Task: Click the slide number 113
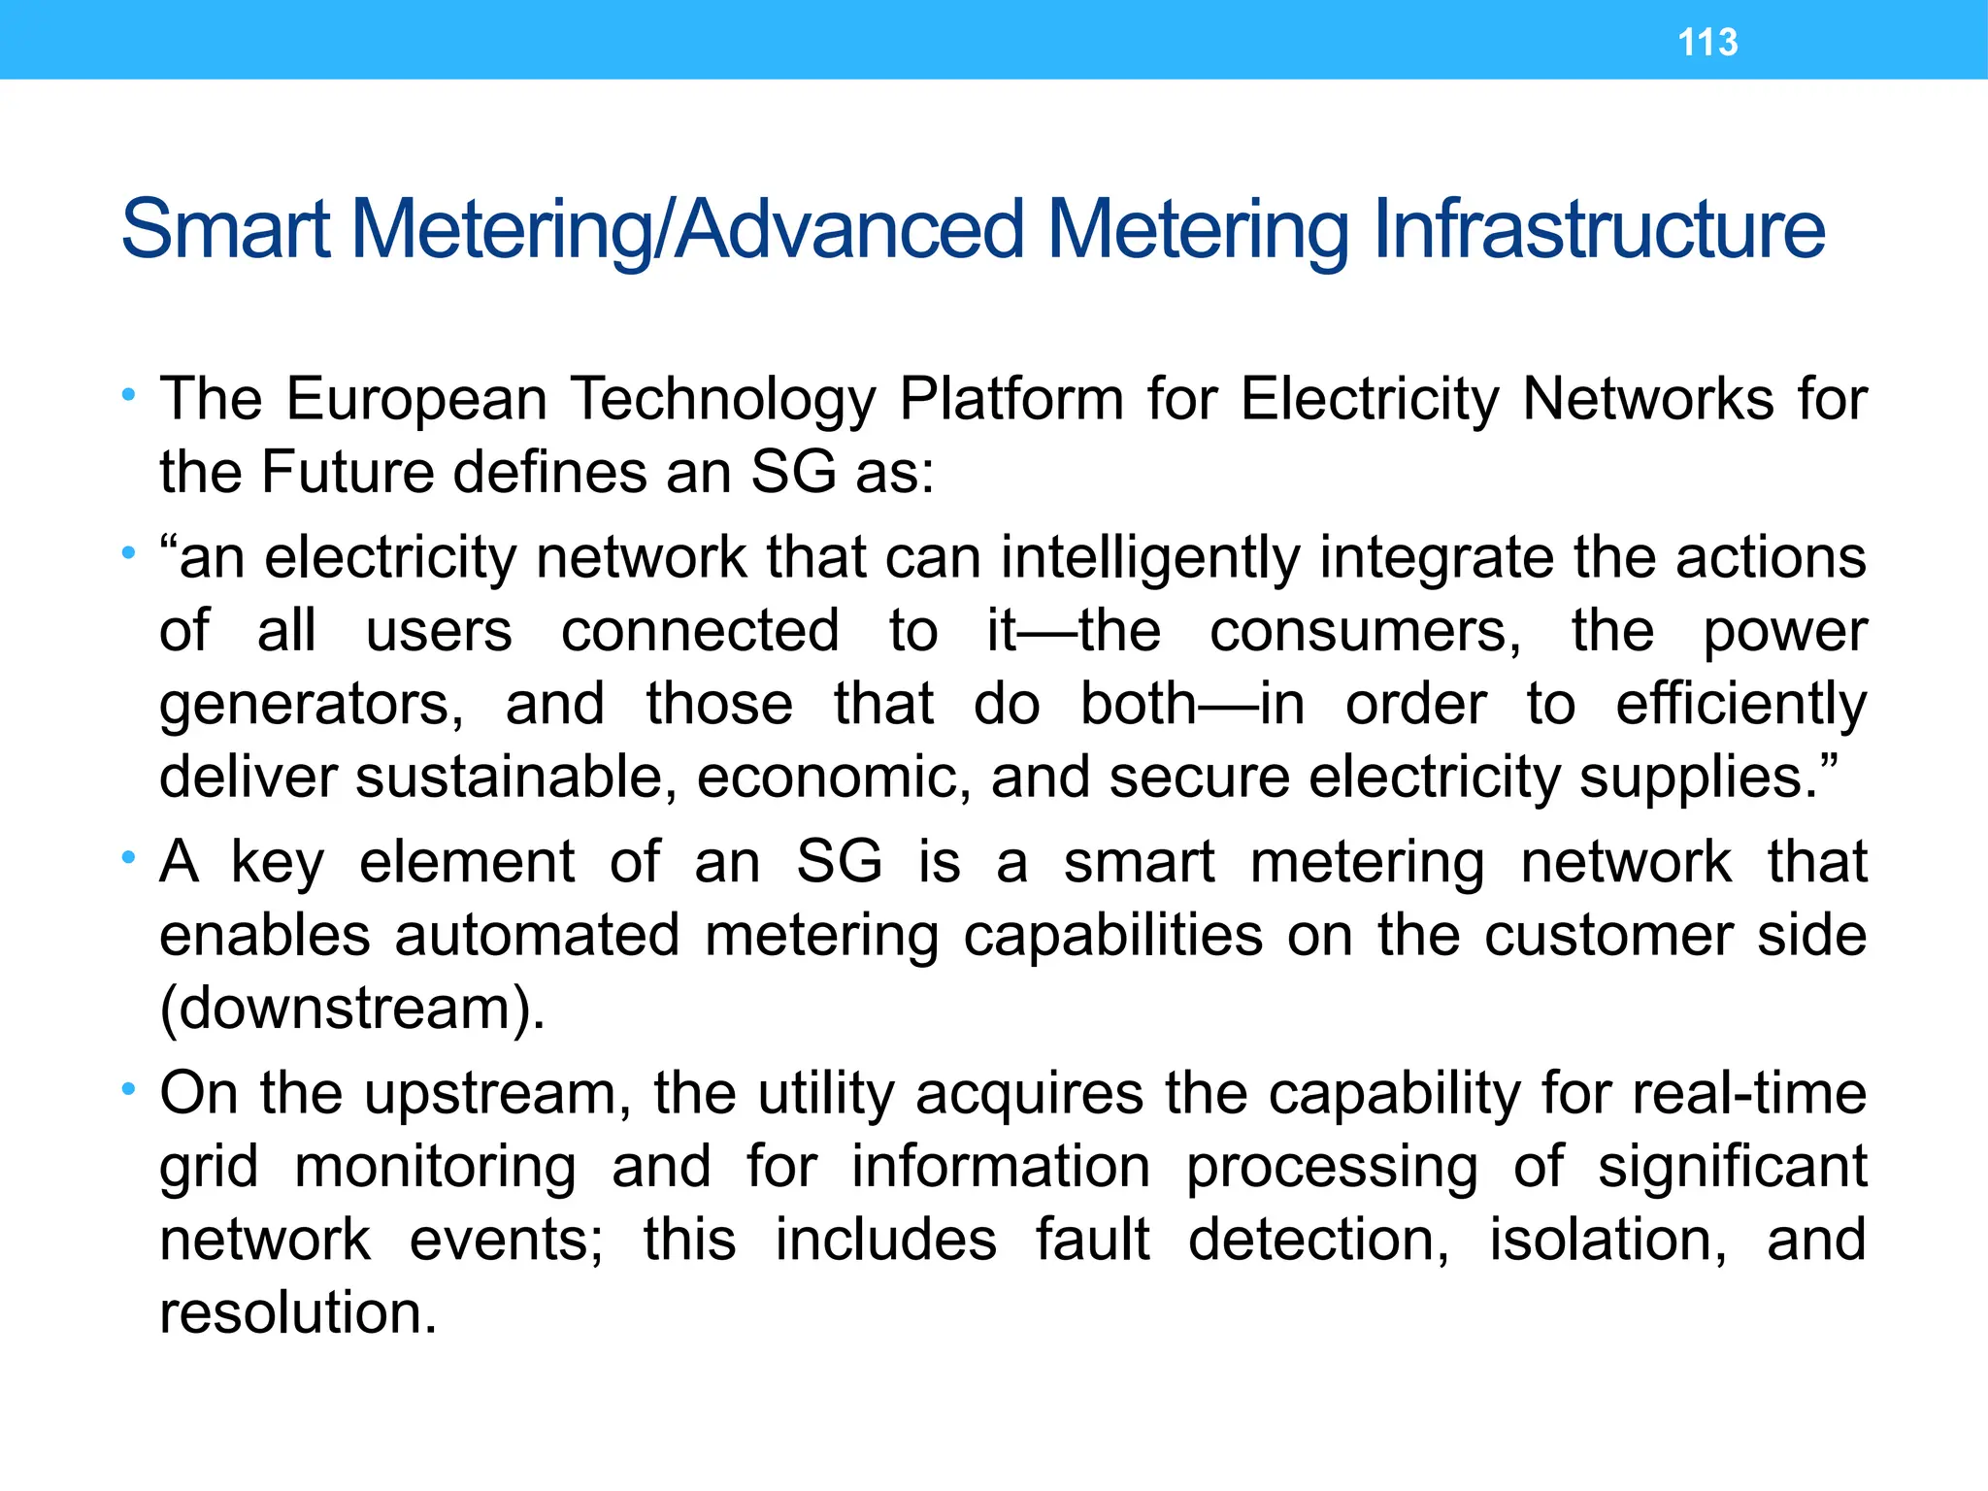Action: [1707, 43]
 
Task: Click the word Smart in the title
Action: [225, 230]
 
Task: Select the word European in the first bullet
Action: [416, 399]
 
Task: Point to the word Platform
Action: [1011, 399]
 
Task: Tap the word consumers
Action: [1365, 631]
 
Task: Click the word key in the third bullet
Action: [278, 863]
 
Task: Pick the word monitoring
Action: [435, 1167]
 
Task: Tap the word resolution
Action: [298, 1313]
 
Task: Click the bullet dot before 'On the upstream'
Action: [128, 1090]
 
